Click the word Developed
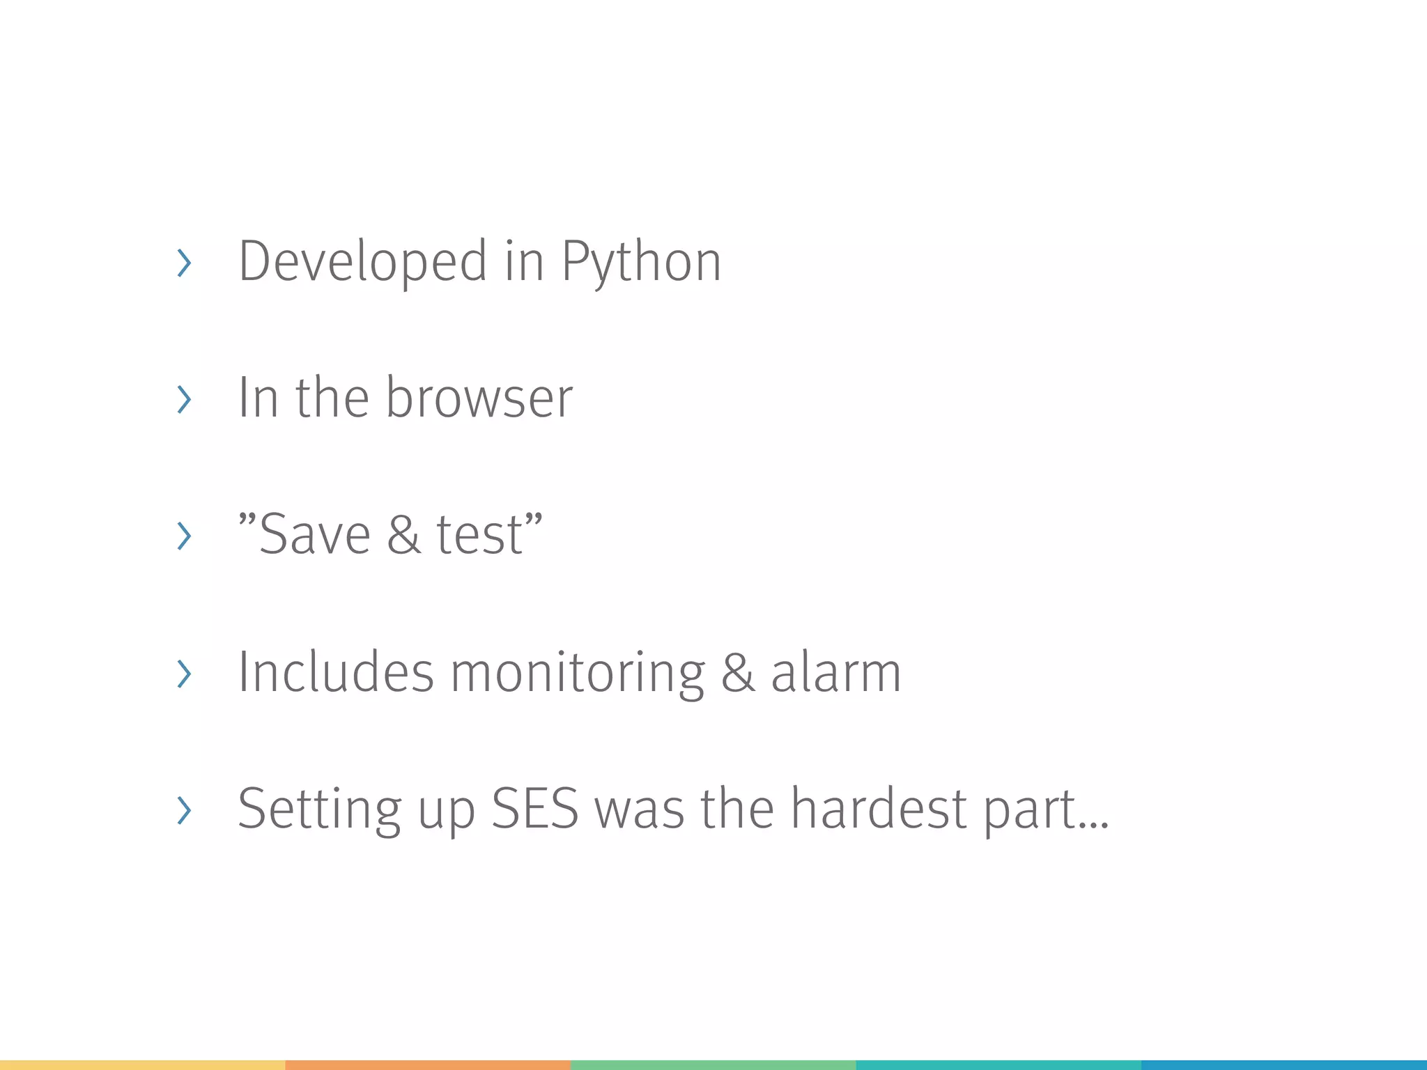[x=362, y=261]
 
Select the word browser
[x=479, y=398]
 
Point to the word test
[x=479, y=534]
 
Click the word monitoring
[x=578, y=673]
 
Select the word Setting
[x=319, y=809]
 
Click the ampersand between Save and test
[x=404, y=534]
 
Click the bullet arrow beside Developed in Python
[x=184, y=263]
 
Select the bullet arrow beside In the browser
[x=184, y=400]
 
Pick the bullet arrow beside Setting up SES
[x=184, y=810]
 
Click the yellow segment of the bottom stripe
[x=142, y=1065]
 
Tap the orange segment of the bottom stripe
[x=428, y=1065]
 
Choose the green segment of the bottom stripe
[x=713, y=1065]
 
